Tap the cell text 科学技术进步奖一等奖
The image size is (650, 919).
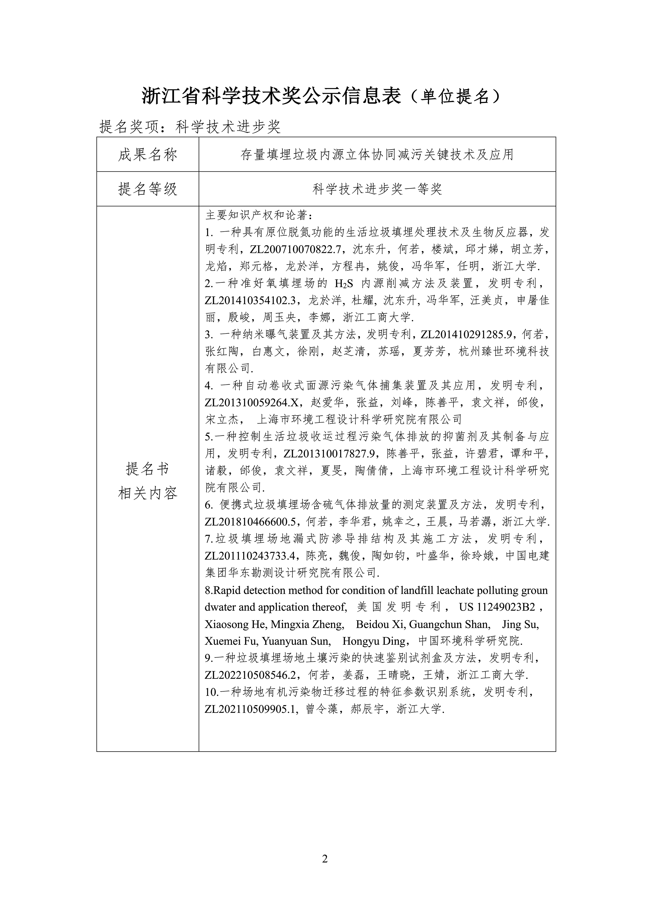(x=377, y=189)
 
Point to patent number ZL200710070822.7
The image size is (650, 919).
(x=296, y=249)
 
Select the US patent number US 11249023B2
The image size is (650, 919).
(x=497, y=607)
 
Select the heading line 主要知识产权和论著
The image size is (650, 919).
(x=258, y=215)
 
